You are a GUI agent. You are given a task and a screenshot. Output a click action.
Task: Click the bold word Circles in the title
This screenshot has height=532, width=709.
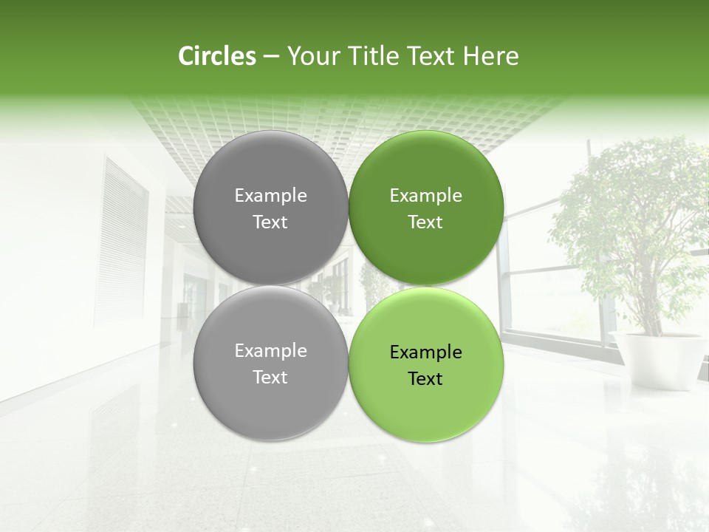click(x=216, y=56)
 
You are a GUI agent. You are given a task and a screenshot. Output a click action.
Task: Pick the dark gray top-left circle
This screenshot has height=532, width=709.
click(x=270, y=170)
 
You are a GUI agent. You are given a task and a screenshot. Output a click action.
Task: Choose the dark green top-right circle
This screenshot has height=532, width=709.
click(x=426, y=170)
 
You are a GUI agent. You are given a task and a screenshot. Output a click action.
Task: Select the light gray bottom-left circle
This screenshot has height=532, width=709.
click(x=270, y=403)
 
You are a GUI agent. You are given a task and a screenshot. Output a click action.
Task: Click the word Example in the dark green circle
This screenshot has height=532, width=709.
click(x=426, y=196)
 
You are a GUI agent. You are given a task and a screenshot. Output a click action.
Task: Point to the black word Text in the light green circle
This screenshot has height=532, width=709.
click(x=425, y=379)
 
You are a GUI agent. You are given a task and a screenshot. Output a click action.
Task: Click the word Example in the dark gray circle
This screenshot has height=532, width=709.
click(x=270, y=196)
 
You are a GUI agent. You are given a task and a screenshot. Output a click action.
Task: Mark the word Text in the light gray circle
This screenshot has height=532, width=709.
click(x=270, y=378)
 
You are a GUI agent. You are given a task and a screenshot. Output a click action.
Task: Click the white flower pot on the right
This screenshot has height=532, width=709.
click(x=657, y=358)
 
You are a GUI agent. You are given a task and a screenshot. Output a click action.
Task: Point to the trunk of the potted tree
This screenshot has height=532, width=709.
click(x=651, y=310)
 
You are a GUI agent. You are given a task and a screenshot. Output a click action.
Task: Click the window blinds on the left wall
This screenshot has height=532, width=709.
click(x=121, y=244)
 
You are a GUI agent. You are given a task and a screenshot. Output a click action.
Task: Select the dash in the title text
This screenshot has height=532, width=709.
click(x=270, y=57)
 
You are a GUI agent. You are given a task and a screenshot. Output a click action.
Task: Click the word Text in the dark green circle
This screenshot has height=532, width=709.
click(x=425, y=222)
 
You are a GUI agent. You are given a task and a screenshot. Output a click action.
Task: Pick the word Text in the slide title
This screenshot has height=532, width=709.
click(x=432, y=56)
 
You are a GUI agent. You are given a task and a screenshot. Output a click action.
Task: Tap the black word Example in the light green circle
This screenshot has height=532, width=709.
click(x=426, y=352)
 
